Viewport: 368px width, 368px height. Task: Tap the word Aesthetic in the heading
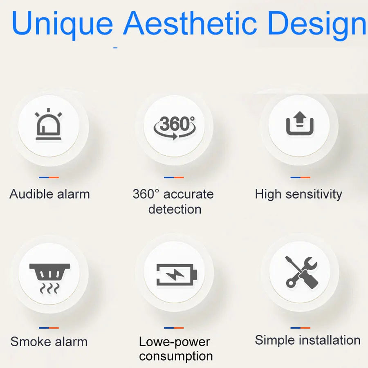pos(190,23)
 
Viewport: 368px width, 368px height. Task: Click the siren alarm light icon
pos(48,124)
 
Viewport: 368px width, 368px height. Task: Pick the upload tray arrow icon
pos(300,123)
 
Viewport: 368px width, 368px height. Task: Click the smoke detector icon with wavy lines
pos(49,278)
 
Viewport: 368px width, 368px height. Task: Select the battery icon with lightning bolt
pos(177,274)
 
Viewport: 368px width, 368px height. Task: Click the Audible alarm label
pos(49,194)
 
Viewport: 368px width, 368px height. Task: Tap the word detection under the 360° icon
pos(175,209)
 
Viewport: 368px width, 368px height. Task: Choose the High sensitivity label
pos(298,195)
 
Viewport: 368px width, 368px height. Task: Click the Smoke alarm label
pos(49,341)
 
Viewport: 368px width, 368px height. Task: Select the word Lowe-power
pos(174,342)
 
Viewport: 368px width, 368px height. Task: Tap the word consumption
pos(176,356)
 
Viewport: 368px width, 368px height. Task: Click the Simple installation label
pos(307,340)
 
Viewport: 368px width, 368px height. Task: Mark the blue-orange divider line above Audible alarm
pos(49,177)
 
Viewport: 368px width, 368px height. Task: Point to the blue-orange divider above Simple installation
pos(301,328)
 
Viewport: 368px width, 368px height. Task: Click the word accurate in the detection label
pos(188,194)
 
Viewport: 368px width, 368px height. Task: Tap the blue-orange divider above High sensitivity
pos(301,177)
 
